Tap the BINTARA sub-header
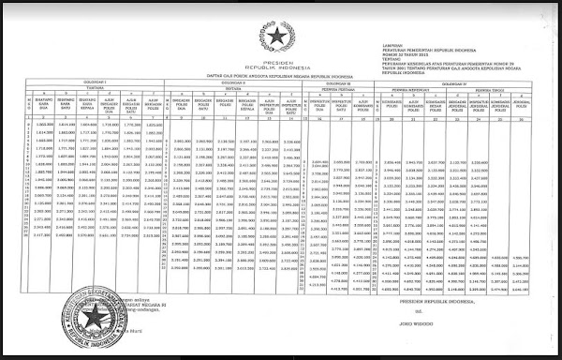(225, 89)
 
